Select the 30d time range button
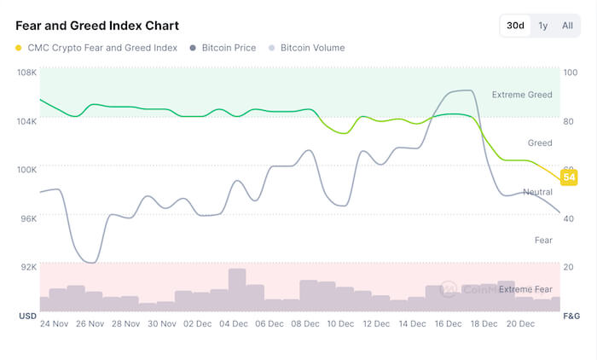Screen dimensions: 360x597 point(515,26)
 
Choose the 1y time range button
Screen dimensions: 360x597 point(542,26)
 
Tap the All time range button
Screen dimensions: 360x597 point(567,26)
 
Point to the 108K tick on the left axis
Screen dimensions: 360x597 point(26,73)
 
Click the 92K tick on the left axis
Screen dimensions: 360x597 point(28,267)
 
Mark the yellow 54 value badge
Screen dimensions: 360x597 point(569,177)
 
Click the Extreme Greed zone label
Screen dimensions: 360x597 point(522,95)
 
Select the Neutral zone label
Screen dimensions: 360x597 point(537,192)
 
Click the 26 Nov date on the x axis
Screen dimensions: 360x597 point(90,324)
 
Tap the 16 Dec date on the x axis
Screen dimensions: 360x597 point(448,324)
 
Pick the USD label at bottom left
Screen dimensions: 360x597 point(26,316)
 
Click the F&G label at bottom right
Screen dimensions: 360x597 point(571,316)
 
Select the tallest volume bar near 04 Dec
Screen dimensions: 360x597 point(237,290)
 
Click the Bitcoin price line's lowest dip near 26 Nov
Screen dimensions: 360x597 point(91,261)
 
